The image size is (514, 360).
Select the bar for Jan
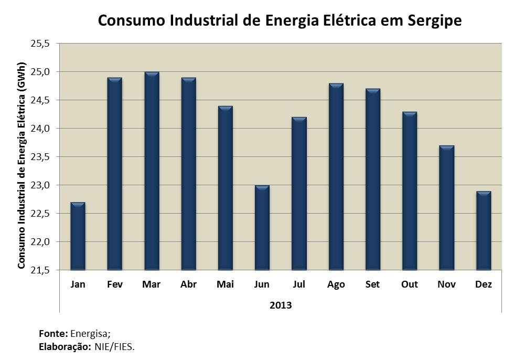(x=78, y=236)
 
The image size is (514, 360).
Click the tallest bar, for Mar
(x=152, y=171)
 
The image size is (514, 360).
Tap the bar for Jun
(x=262, y=228)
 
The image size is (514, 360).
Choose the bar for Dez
(x=483, y=231)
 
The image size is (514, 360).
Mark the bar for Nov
(x=446, y=208)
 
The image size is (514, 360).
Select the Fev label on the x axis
(x=114, y=285)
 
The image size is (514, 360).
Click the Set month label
(x=372, y=285)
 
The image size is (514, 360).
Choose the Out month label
(x=410, y=285)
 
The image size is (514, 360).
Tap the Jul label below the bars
(x=299, y=285)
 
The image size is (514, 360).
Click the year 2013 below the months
(x=280, y=305)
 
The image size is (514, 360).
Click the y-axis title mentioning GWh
(x=22, y=157)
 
